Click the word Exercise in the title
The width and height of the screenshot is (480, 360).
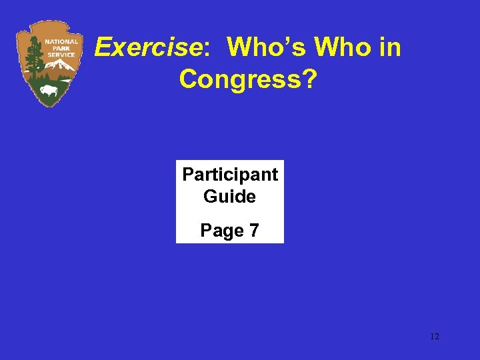[x=147, y=47]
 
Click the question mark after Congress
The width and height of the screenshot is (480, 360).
[x=311, y=79]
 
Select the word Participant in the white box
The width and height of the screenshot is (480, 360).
[x=230, y=175]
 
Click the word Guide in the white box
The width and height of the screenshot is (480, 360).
[x=230, y=197]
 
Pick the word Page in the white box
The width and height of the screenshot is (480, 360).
[x=222, y=231]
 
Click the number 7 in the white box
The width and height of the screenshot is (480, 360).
[x=253, y=231]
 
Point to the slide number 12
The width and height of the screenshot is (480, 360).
[x=434, y=337]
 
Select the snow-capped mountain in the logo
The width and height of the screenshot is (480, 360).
[x=61, y=65]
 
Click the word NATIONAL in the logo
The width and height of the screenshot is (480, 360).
[x=61, y=41]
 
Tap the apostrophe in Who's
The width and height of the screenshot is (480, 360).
[x=287, y=40]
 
